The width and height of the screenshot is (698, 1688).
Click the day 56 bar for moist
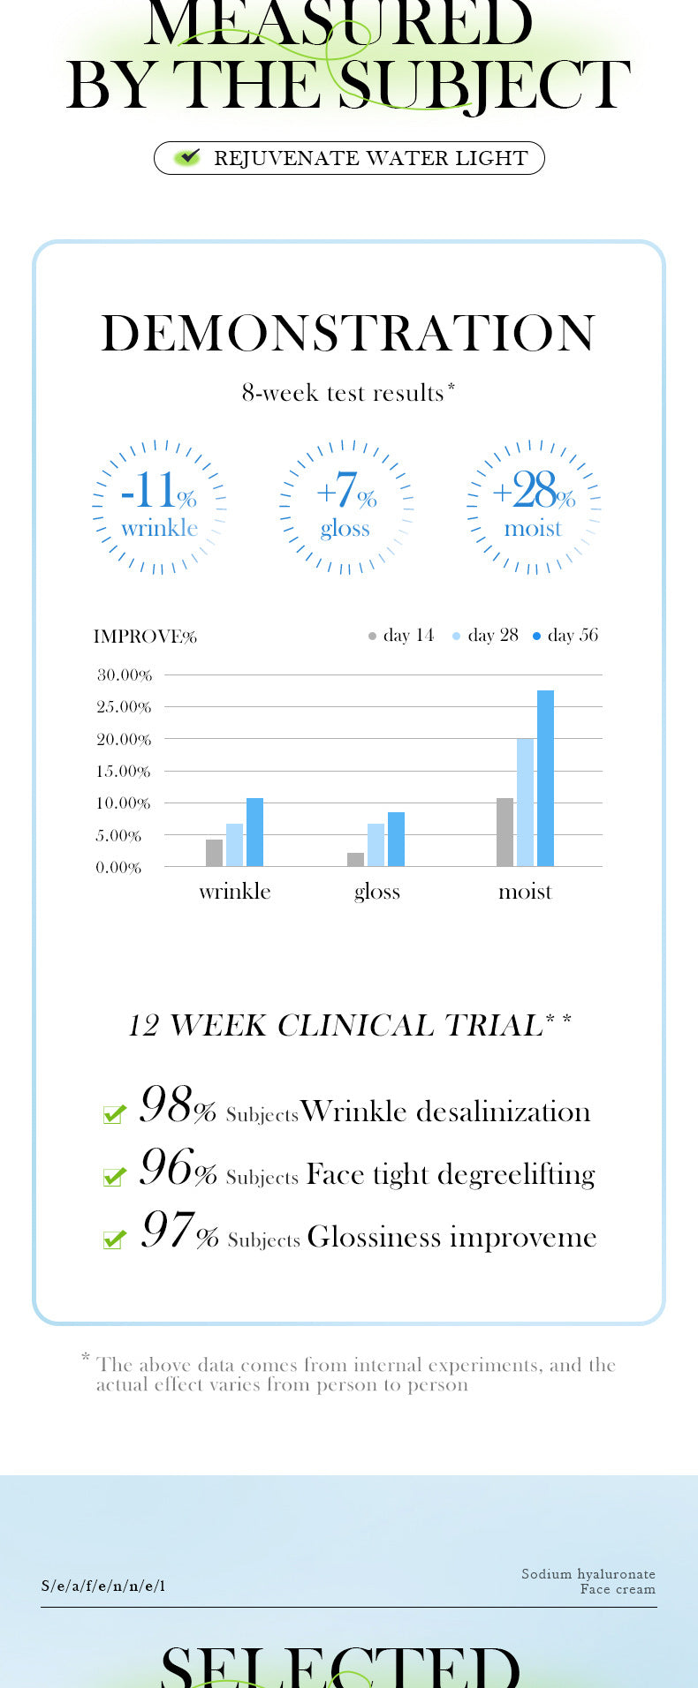tap(545, 778)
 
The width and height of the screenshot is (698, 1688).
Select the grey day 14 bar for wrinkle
tap(214, 853)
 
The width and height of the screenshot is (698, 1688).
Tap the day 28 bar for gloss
tap(376, 845)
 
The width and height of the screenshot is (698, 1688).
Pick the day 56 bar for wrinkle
tap(254, 832)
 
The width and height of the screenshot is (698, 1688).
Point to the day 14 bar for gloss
tap(355, 859)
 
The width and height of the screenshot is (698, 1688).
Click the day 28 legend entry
tap(485, 636)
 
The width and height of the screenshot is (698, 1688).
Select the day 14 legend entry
tap(401, 636)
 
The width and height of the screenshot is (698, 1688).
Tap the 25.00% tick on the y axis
tap(124, 707)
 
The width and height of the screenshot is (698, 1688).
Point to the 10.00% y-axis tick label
tap(124, 803)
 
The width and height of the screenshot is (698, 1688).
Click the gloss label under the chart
tap(377, 892)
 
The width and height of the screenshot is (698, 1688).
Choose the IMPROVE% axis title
tap(145, 637)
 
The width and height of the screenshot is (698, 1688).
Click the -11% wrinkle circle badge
tap(159, 507)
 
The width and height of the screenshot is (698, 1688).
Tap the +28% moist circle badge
tap(533, 507)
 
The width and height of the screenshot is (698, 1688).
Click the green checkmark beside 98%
tap(114, 1114)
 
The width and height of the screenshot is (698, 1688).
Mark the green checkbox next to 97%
tap(114, 1240)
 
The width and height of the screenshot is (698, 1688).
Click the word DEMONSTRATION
tap(348, 334)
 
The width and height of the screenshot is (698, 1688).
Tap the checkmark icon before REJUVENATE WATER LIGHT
tap(187, 158)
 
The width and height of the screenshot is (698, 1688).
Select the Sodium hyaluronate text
tap(588, 1574)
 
